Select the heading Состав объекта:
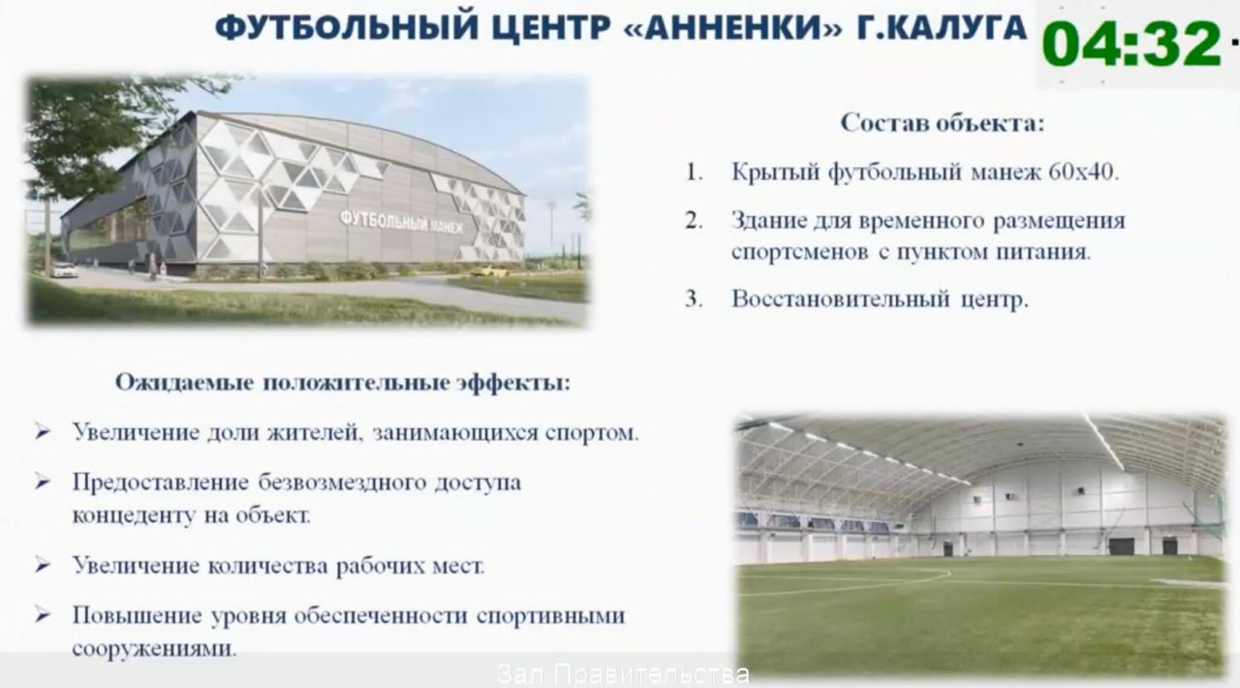(x=943, y=123)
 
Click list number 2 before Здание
(x=693, y=221)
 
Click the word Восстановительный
(x=841, y=299)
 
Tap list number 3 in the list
(x=693, y=299)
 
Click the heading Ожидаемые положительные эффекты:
(x=343, y=382)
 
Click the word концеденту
(x=122, y=516)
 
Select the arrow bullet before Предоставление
(x=43, y=482)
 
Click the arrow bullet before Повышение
(x=43, y=615)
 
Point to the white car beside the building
(x=64, y=270)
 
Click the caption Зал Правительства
(x=623, y=674)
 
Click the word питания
(x=1045, y=253)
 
